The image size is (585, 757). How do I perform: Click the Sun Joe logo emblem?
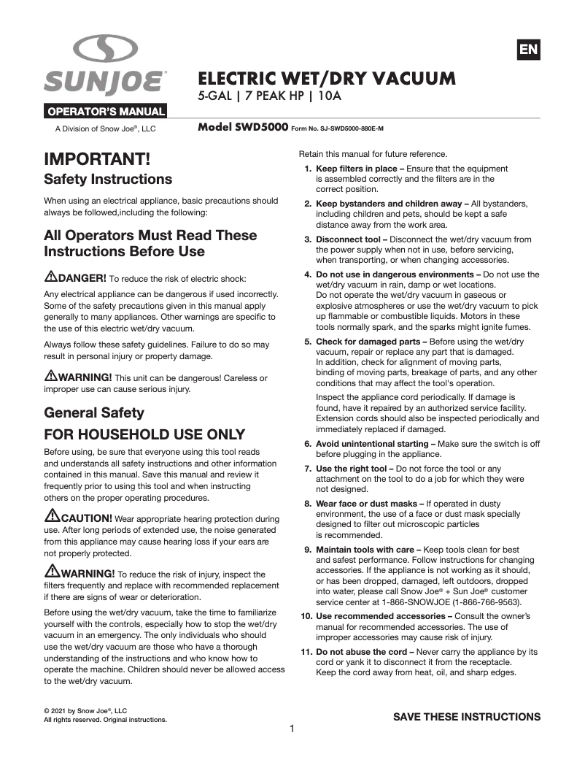(x=105, y=50)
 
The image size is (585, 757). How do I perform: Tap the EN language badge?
(x=528, y=50)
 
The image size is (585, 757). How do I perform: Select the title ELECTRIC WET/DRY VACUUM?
(x=327, y=78)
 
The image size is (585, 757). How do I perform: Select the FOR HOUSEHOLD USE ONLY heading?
(x=144, y=434)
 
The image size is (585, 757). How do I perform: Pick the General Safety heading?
(x=94, y=412)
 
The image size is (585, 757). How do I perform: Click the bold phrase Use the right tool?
(x=352, y=469)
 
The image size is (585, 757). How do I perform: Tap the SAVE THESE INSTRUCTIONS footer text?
(x=467, y=716)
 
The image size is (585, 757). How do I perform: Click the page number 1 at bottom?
(x=292, y=729)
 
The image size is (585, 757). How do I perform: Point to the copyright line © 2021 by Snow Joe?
(x=85, y=710)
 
